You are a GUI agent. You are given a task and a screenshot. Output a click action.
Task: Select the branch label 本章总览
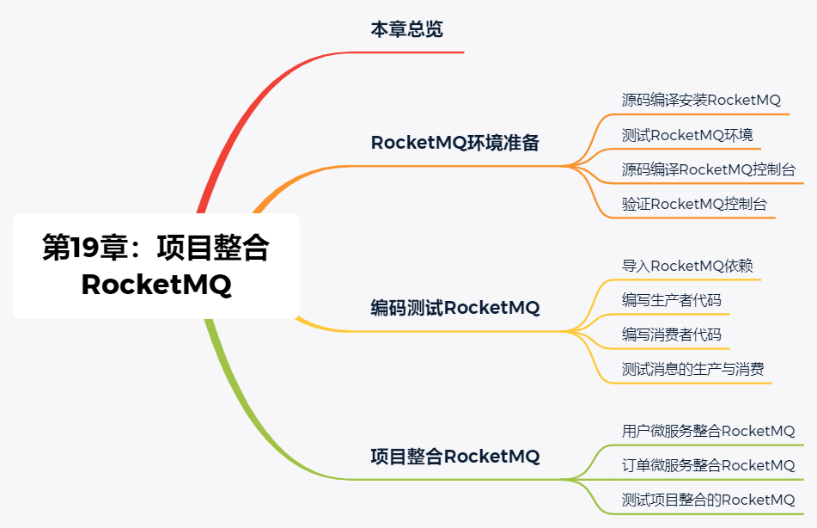click(x=406, y=29)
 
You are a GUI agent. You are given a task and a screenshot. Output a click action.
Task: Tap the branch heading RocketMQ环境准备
click(x=454, y=143)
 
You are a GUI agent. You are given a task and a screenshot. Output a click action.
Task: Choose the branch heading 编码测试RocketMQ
click(x=454, y=307)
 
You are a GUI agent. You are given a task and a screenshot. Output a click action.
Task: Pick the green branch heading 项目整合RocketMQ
click(x=454, y=457)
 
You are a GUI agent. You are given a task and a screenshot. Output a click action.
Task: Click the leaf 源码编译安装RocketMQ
click(x=701, y=100)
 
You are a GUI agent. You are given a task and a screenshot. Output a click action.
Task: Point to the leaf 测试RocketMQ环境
click(x=687, y=135)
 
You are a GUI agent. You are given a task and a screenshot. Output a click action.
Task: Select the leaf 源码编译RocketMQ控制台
click(x=708, y=169)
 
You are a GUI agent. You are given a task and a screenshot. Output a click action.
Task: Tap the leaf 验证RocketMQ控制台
click(x=694, y=204)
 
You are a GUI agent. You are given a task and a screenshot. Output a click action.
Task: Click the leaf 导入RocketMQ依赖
click(x=687, y=266)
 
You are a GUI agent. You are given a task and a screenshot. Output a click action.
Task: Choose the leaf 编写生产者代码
click(x=672, y=300)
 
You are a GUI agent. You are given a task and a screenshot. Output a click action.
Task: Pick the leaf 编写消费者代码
click(x=672, y=335)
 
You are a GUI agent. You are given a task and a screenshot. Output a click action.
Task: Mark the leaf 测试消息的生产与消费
click(x=692, y=370)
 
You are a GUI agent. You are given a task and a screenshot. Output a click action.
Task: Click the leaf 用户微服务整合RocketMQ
click(x=708, y=431)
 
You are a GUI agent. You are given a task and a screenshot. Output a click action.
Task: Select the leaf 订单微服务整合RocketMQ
click(x=708, y=465)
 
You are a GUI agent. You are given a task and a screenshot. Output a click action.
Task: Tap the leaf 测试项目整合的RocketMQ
click(x=708, y=500)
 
